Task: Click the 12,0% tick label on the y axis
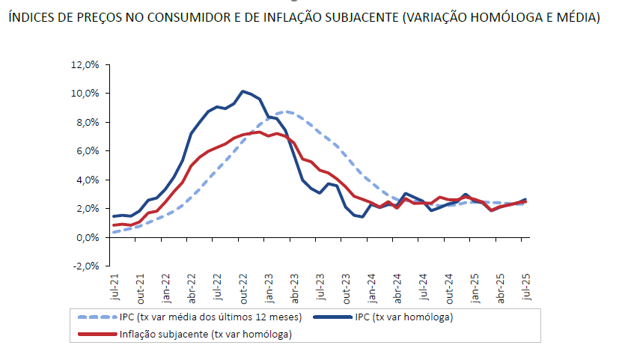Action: point(85,65)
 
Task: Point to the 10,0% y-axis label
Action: point(85,94)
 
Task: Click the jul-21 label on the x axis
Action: point(115,288)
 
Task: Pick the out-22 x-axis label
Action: point(243,289)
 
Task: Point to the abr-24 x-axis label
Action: point(399,289)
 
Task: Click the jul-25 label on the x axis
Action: point(527,288)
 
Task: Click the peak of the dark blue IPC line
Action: point(243,91)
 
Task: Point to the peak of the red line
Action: point(259,132)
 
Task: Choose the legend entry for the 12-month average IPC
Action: point(210,317)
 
